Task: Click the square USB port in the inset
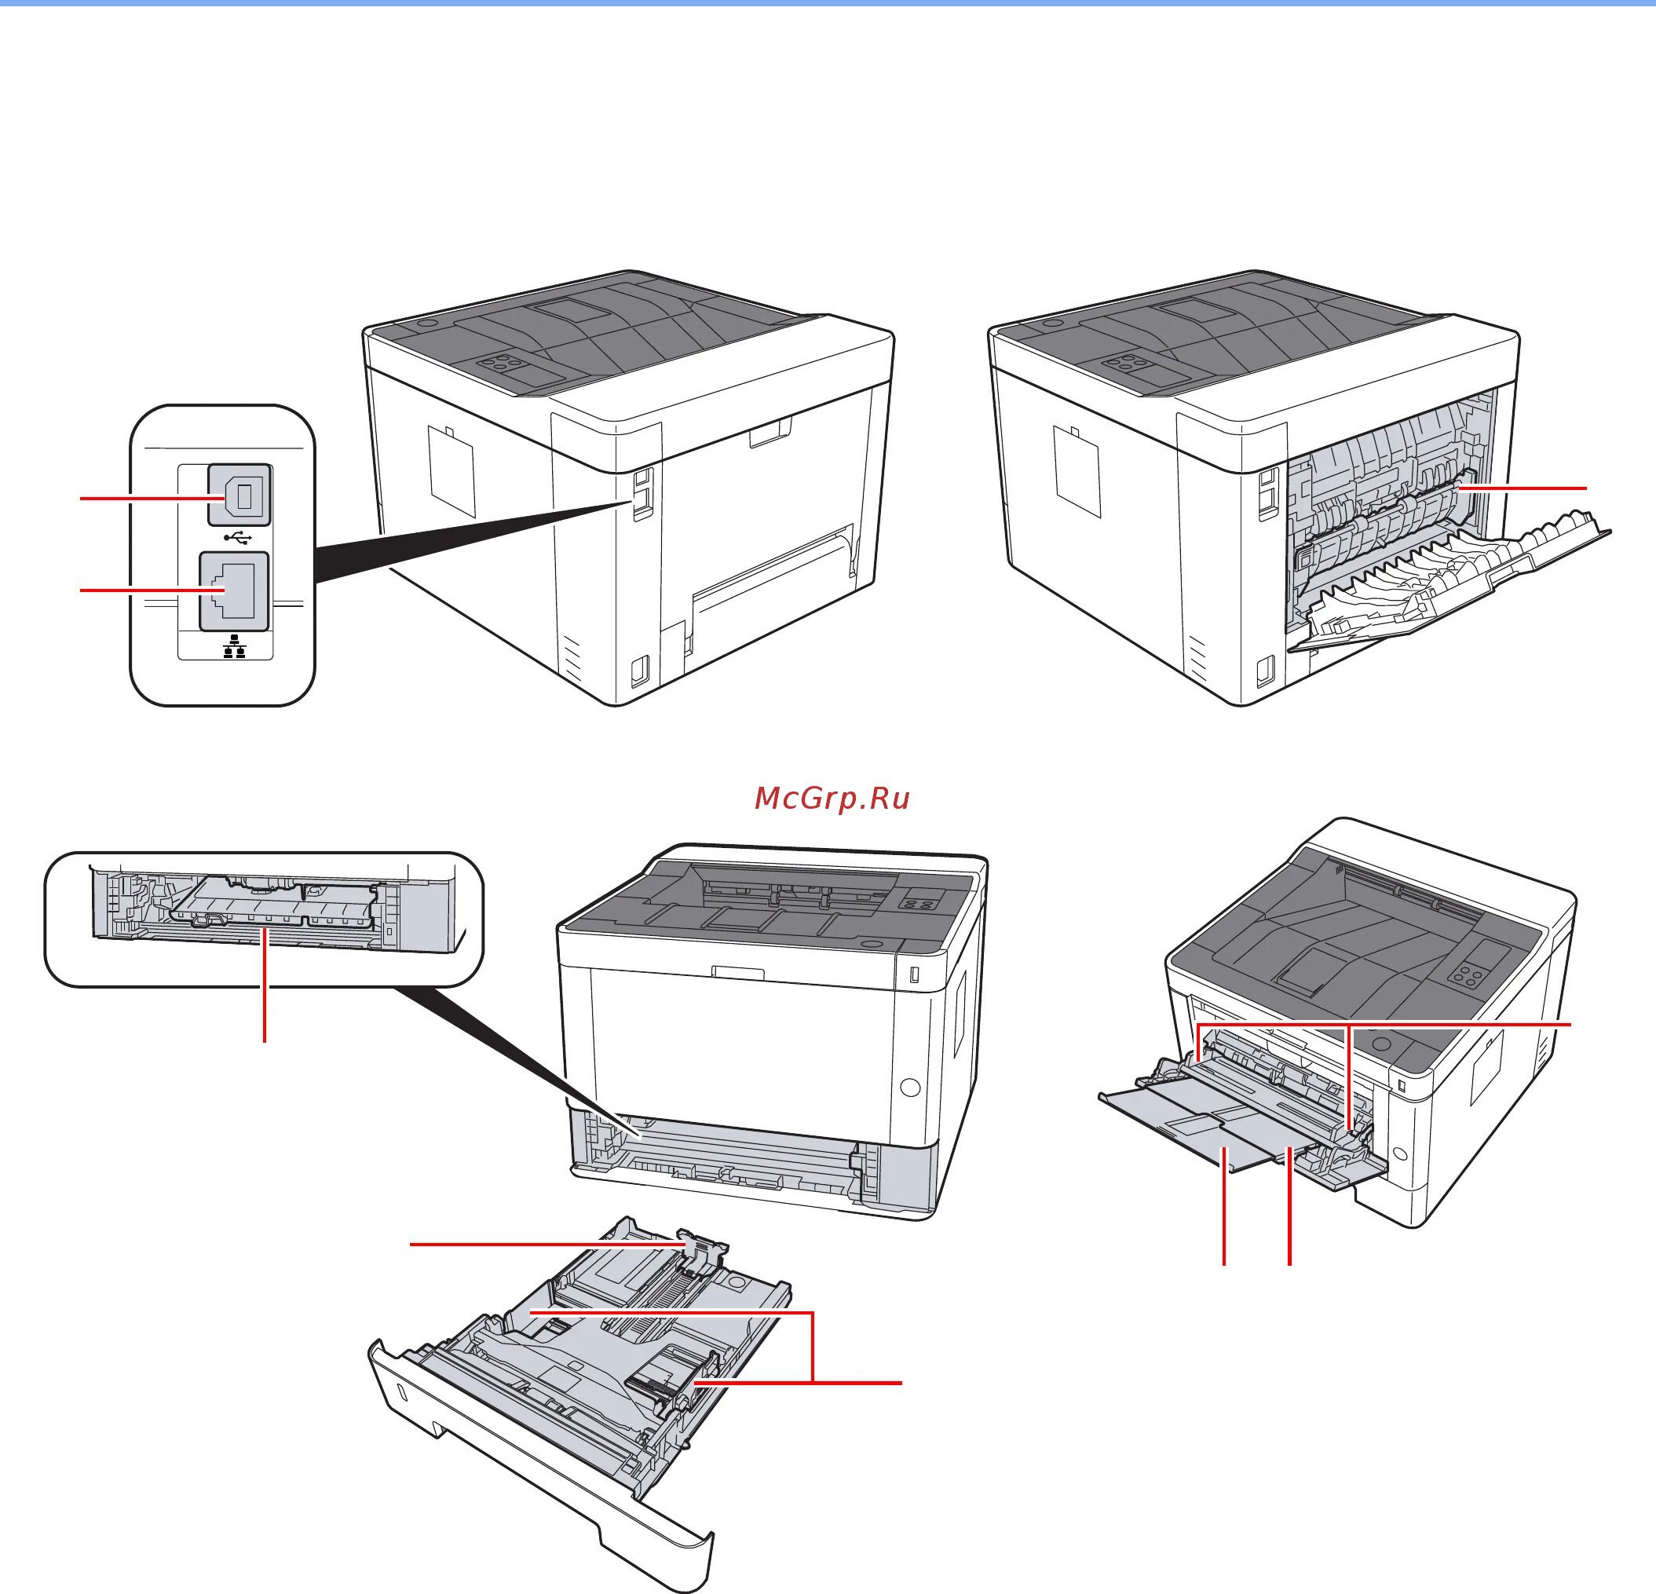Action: [239, 494]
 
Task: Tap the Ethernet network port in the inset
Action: [234, 590]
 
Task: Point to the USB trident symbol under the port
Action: [238, 536]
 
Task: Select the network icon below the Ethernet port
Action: [234, 649]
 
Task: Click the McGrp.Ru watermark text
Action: [832, 799]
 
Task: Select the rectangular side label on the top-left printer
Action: [451, 470]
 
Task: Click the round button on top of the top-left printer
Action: [426, 323]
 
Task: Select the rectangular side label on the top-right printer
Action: [1077, 470]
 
